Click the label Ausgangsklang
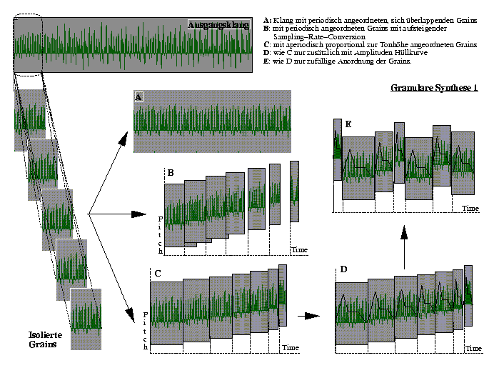218,25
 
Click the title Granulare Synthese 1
435,89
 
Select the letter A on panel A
138,96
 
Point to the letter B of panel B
171,173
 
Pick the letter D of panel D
344,269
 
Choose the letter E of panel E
348,124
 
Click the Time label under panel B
299,249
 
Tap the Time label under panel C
290,347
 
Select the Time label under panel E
469,207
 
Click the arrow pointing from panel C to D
309,314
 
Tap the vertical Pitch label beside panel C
146,330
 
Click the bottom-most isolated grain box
86,318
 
